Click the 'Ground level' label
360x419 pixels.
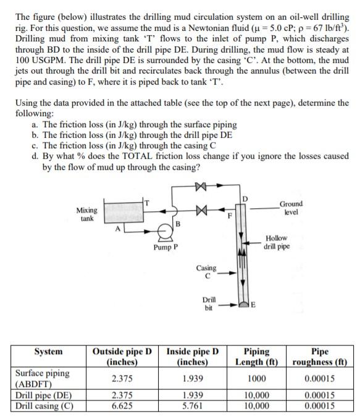click(x=291, y=207)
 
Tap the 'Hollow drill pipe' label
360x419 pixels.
click(x=275, y=242)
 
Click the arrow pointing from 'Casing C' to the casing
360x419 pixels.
click(x=228, y=272)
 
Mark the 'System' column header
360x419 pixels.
click(x=48, y=352)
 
